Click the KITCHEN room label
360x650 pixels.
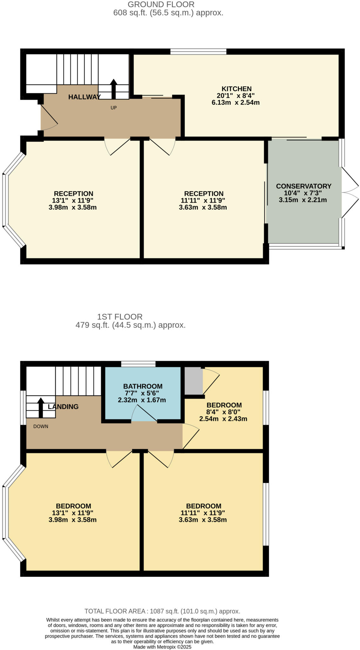tap(236, 89)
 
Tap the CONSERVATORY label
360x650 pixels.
tap(303, 186)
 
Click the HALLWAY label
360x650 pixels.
tap(84, 97)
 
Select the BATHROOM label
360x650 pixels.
tap(143, 386)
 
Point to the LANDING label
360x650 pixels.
tap(63, 407)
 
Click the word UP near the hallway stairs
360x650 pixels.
tap(113, 108)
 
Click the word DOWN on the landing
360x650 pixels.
tap(41, 426)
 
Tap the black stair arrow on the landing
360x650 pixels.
tap(41, 408)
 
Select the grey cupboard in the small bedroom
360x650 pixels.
tap(193, 381)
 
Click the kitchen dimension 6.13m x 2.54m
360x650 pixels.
tap(235, 103)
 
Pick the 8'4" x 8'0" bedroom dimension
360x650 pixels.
tap(224, 412)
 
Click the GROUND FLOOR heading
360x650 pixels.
tap(161, 4)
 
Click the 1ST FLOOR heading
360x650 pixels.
tap(119, 316)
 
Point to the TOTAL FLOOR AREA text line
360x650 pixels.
tap(162, 611)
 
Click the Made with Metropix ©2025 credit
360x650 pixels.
tap(162, 647)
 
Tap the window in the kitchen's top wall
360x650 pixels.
tap(198, 51)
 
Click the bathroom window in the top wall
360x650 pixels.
tap(138, 364)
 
